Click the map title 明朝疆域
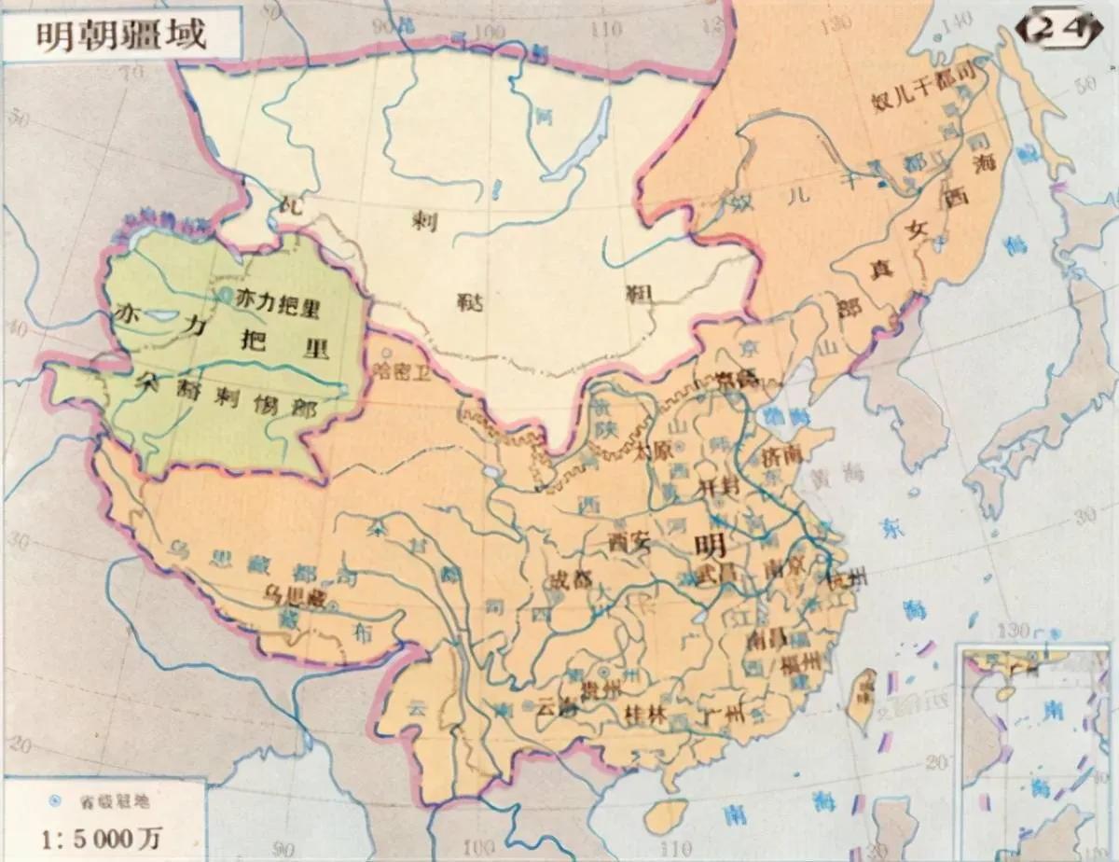click(x=121, y=35)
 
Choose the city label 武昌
click(x=715, y=576)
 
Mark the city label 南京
click(x=781, y=568)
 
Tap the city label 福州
click(x=800, y=663)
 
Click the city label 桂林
click(x=642, y=716)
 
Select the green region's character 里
click(x=313, y=346)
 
